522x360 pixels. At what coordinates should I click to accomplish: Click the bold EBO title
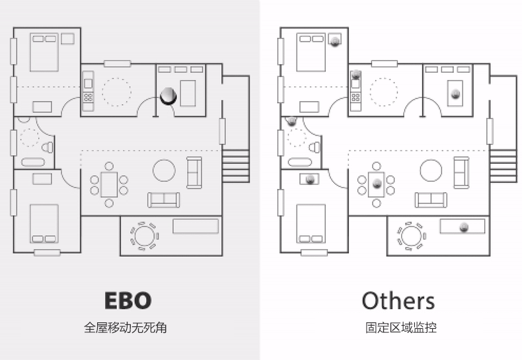point(128,301)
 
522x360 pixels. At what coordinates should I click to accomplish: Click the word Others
point(398,301)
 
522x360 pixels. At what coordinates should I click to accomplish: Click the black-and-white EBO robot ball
point(168,96)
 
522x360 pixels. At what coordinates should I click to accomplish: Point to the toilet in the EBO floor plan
point(48,147)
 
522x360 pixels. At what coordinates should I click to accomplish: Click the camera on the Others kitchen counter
point(356,74)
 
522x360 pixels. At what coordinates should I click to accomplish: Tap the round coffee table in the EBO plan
point(164,170)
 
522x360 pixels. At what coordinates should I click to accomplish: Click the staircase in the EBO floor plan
point(235,166)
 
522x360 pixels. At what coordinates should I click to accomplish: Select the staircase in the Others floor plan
point(503,166)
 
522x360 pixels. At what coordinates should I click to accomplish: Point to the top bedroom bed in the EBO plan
point(44,53)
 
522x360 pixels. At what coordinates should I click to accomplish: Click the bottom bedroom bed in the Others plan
point(311,223)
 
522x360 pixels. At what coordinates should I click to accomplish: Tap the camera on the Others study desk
point(455,93)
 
